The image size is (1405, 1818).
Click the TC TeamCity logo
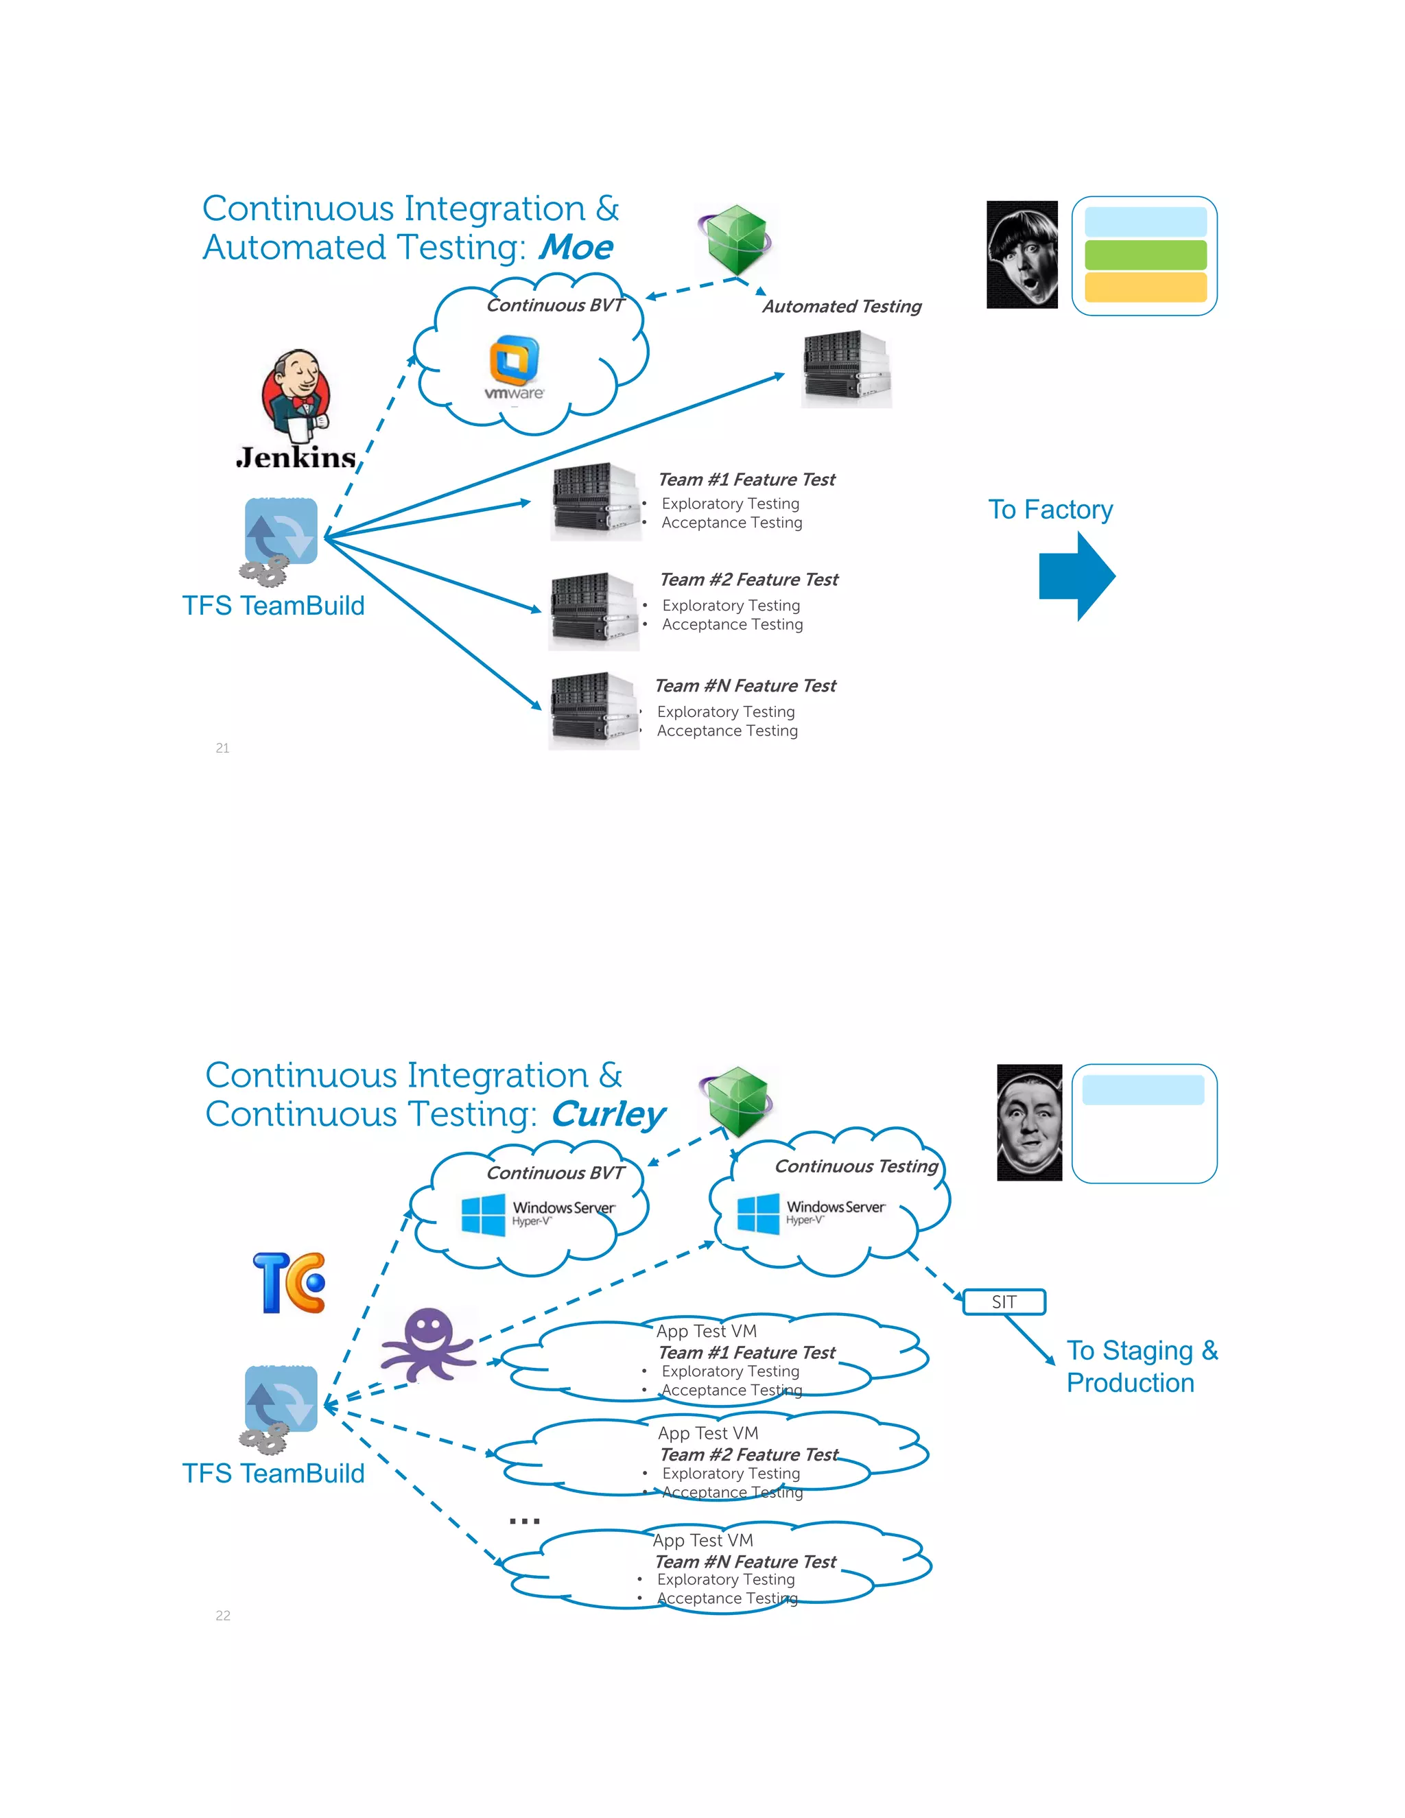pos(289,1283)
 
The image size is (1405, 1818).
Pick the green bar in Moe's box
pos(1145,255)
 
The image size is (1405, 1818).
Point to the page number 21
pos(222,748)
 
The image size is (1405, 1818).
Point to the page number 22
pos(223,1616)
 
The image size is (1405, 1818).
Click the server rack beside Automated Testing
pos(847,370)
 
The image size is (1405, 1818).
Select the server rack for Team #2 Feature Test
pos(593,610)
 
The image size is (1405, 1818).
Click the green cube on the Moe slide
pos(737,241)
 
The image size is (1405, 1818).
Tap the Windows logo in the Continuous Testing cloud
pos(758,1214)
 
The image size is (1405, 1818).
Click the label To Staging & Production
pos(1140,1366)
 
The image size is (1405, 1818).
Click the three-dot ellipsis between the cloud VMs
pos(524,1520)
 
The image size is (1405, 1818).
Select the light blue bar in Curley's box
pos(1143,1089)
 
